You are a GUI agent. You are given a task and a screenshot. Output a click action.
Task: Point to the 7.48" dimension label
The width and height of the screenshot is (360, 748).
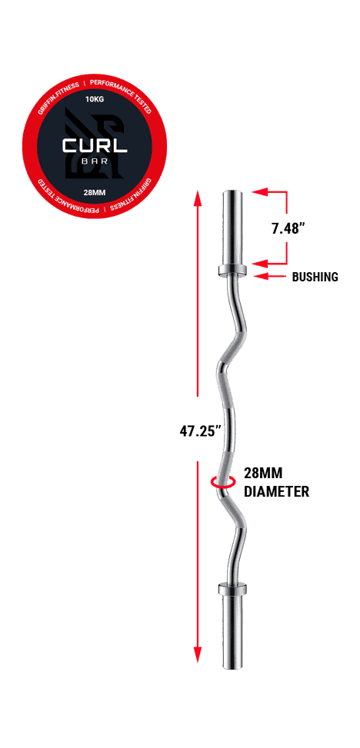click(288, 228)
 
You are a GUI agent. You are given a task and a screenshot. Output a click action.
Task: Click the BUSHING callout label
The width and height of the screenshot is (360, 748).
click(315, 277)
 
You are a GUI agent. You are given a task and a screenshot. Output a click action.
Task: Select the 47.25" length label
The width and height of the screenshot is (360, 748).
click(200, 431)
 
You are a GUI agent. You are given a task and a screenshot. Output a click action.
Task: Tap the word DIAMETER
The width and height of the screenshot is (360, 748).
click(276, 492)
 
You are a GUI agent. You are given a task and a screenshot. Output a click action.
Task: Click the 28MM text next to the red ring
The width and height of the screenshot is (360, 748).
click(264, 474)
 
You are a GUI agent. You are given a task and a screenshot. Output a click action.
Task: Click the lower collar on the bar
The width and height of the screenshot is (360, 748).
click(233, 589)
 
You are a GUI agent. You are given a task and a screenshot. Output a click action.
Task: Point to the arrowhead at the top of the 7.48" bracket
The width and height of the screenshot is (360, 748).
click(260, 192)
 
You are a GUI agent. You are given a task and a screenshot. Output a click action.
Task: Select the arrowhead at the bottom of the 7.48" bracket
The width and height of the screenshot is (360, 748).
click(260, 264)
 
